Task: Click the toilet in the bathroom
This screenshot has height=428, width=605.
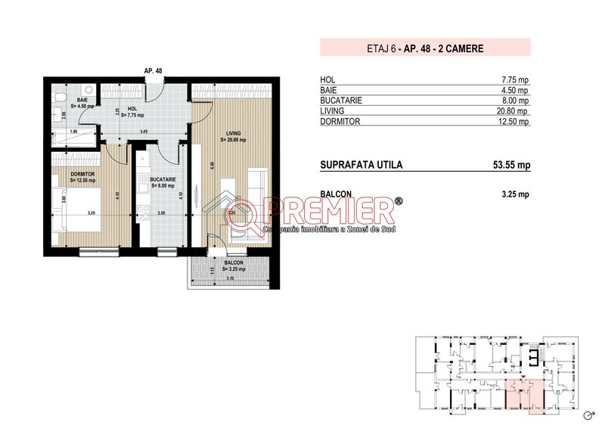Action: click(x=60, y=97)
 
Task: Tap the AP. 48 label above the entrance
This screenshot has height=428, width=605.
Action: click(x=153, y=70)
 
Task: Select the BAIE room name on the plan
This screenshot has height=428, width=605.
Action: click(x=81, y=100)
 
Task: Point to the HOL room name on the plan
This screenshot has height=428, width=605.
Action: click(x=132, y=108)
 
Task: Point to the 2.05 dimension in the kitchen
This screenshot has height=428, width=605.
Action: click(x=160, y=214)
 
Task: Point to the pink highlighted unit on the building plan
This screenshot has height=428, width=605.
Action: click(x=523, y=396)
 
